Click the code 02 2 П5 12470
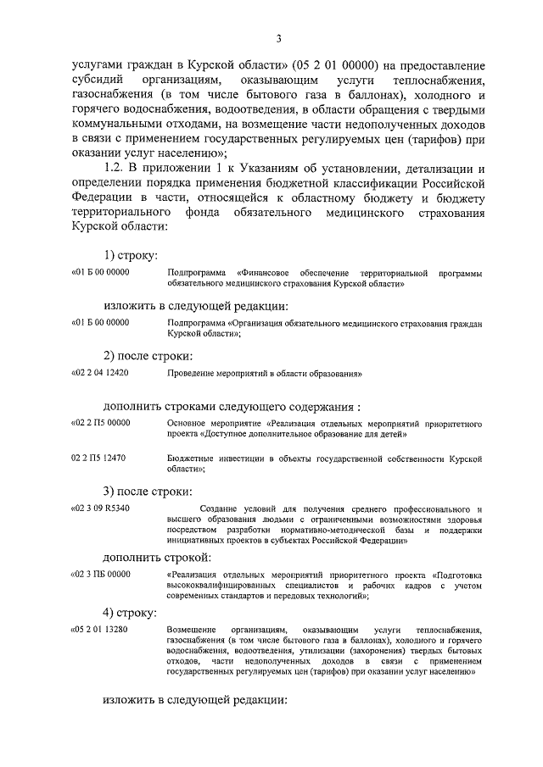[99, 459]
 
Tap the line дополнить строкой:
[157, 558]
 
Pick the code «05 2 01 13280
[101, 630]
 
